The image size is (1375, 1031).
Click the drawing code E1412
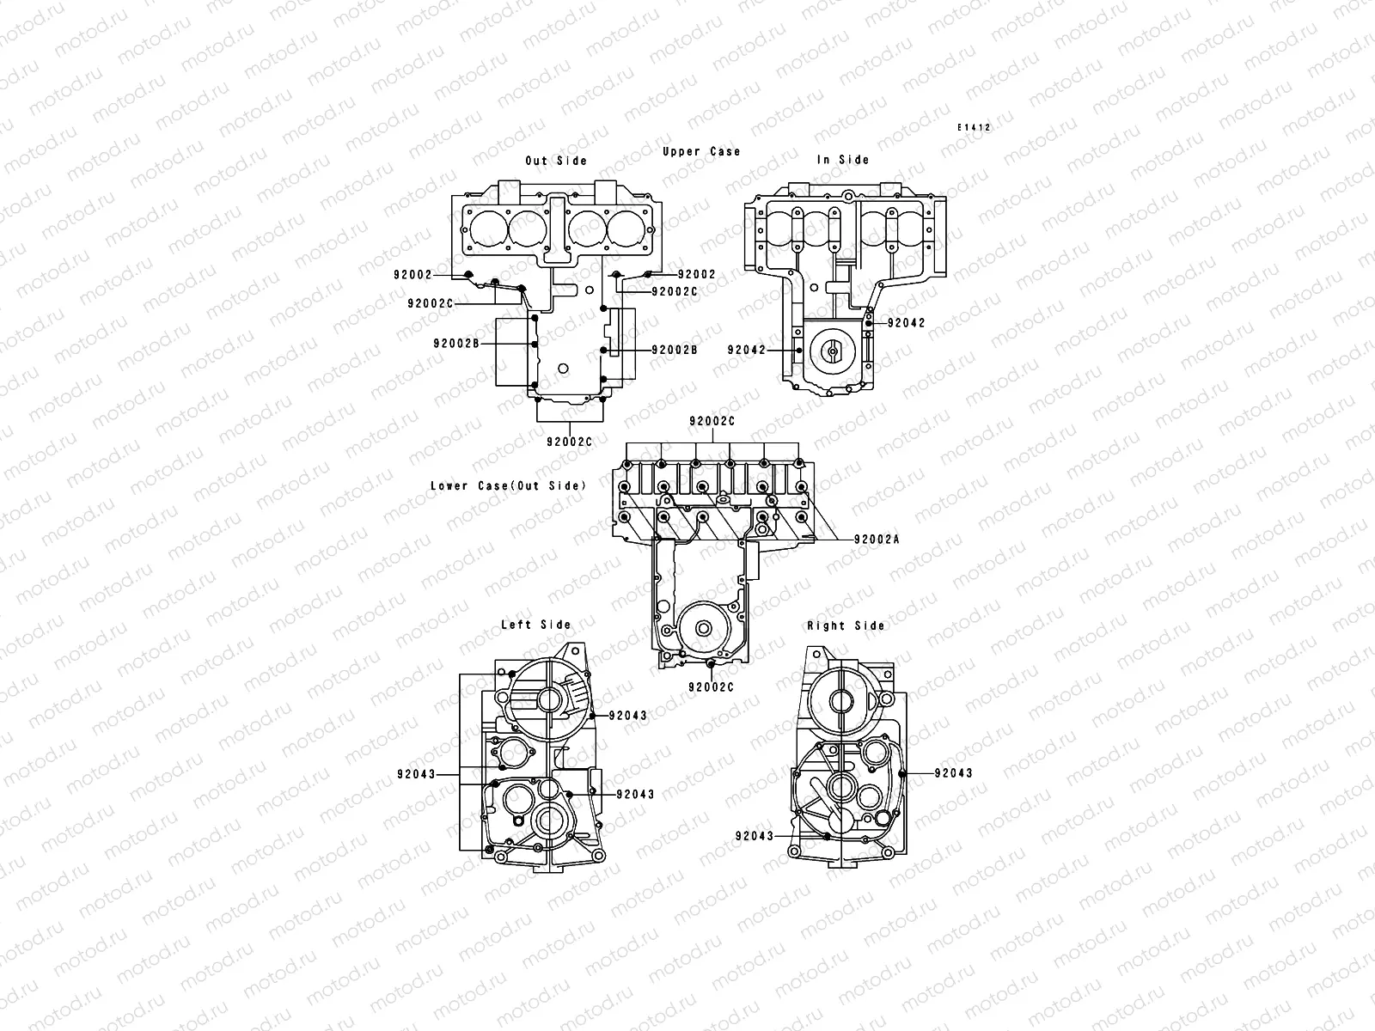975,127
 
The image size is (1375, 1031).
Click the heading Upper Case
701,152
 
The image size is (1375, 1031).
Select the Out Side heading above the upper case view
556,161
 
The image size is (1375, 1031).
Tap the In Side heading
842,160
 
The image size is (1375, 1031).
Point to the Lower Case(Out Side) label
508,486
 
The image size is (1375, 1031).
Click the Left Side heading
535,625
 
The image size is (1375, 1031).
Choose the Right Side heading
846,625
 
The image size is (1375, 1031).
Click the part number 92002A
877,540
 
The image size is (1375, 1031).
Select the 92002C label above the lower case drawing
712,422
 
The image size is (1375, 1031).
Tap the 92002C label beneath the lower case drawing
712,687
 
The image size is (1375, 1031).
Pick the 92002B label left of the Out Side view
457,343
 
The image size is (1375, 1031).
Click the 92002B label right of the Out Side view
675,350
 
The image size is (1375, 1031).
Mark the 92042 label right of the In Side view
907,323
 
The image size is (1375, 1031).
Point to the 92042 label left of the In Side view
747,350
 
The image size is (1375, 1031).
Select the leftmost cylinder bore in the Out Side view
485,227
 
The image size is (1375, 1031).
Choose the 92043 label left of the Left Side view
417,773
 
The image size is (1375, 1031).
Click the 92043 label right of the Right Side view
954,773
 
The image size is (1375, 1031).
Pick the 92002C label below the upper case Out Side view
570,442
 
